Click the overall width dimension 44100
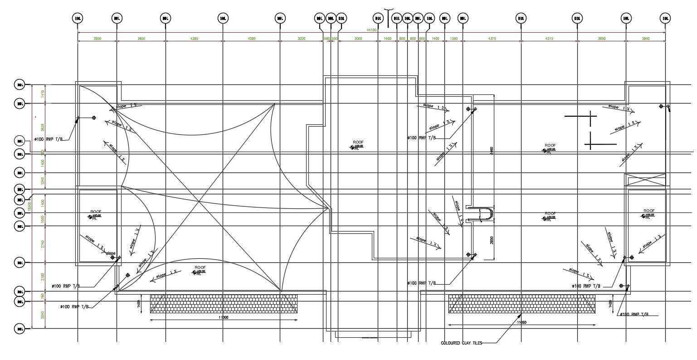[371, 30]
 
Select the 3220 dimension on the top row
[301, 39]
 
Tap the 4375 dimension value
[492, 39]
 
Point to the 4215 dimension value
[549, 39]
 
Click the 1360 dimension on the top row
[454, 39]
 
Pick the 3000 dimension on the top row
[358, 39]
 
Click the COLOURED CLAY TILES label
[461, 343]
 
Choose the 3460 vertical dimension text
[492, 150]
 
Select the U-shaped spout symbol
[483, 214]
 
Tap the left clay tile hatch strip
[224, 303]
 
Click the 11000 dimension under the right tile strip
[522, 322]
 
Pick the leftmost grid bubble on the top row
[78, 18]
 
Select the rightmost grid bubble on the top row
[665, 18]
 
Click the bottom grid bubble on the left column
[20, 328]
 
